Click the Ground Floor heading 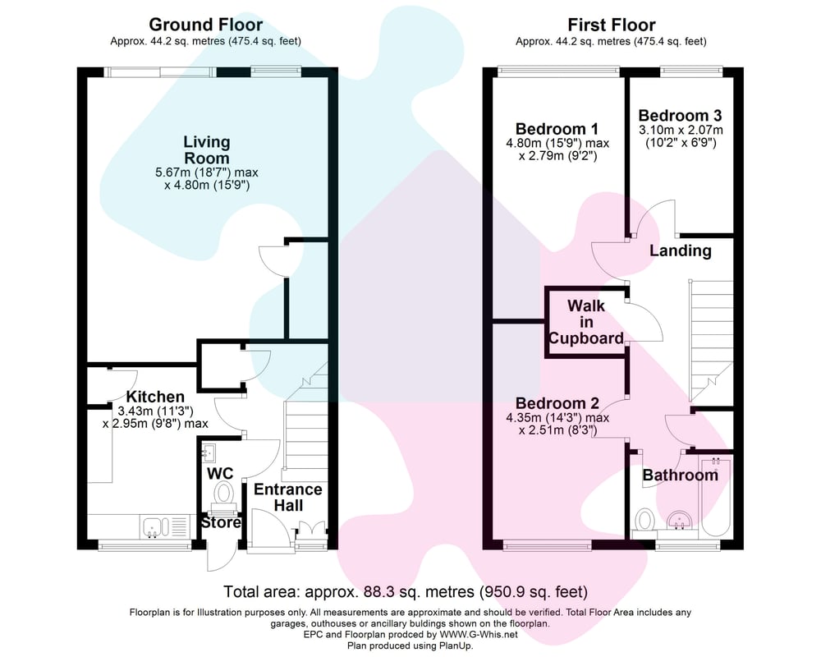pyautogui.click(x=206, y=25)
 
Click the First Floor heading pyautogui.click(x=612, y=25)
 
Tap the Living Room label pyautogui.click(x=207, y=149)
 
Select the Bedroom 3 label pyautogui.click(x=680, y=115)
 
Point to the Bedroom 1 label pyautogui.click(x=557, y=129)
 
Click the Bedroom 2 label pyautogui.click(x=557, y=403)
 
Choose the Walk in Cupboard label pyautogui.click(x=586, y=322)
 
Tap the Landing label pyautogui.click(x=680, y=251)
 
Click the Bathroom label pyautogui.click(x=680, y=476)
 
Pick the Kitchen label pyautogui.click(x=155, y=397)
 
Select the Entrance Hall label pyautogui.click(x=288, y=497)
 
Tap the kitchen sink pyautogui.click(x=164, y=526)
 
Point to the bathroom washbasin pyautogui.click(x=680, y=520)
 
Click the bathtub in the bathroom pyautogui.click(x=715, y=497)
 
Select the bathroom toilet pyautogui.click(x=645, y=521)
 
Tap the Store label pyautogui.click(x=221, y=522)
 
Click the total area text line pyautogui.click(x=406, y=592)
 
